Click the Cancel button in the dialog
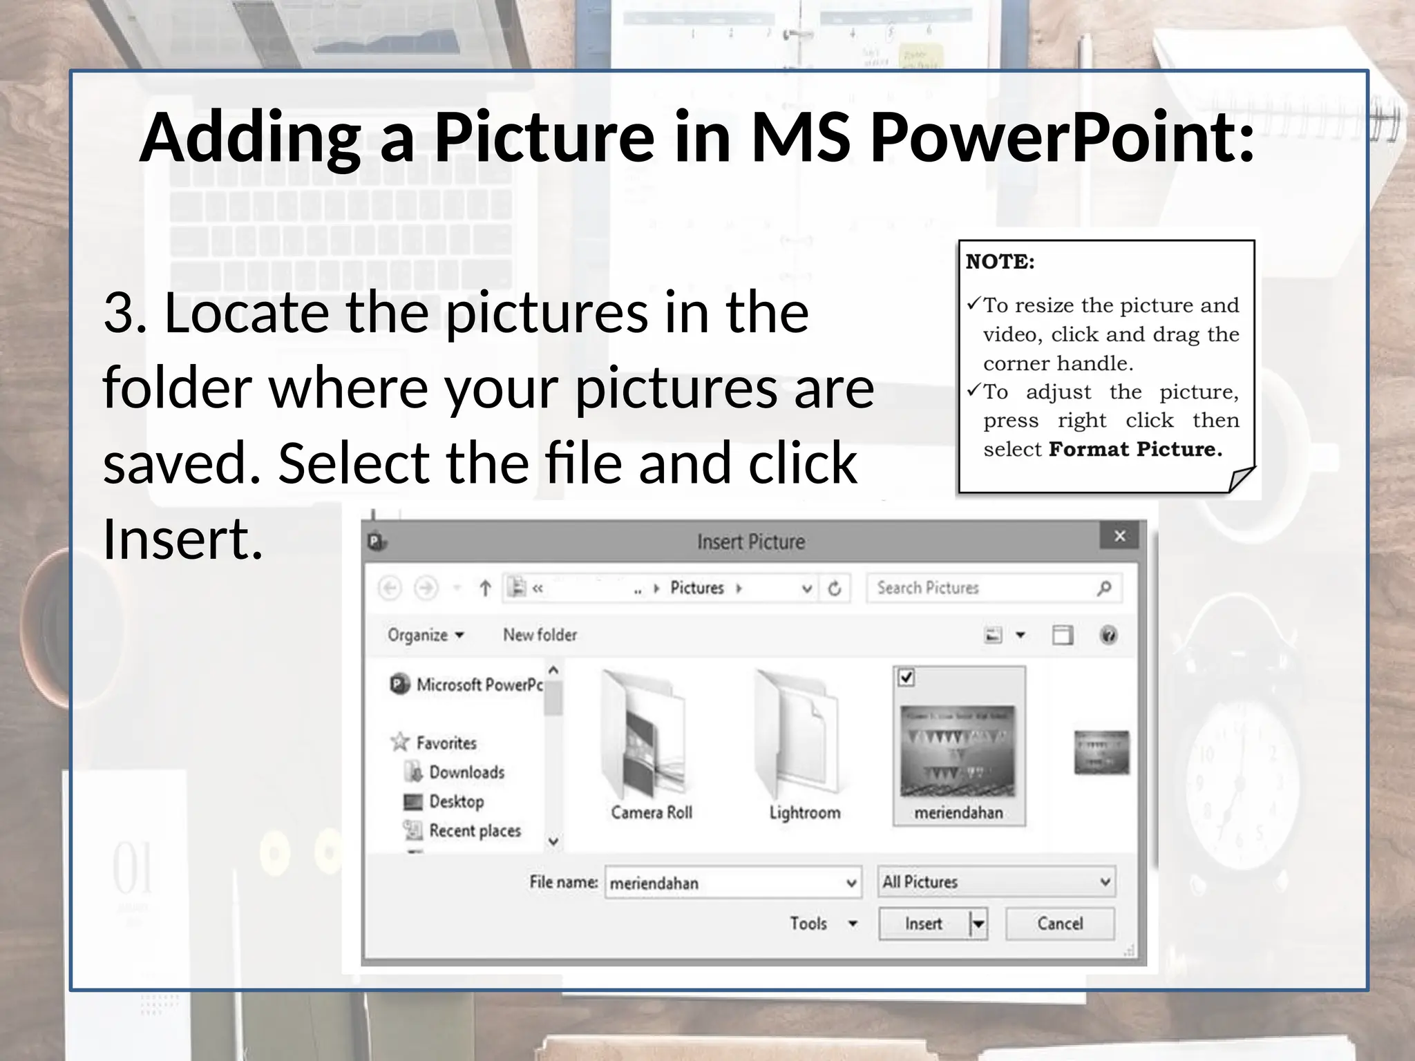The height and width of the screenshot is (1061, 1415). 1059,924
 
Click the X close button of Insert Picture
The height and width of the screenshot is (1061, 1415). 1120,536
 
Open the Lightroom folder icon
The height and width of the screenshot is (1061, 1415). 798,736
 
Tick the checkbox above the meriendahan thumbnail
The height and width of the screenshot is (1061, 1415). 906,678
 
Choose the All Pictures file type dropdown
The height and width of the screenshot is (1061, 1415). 996,882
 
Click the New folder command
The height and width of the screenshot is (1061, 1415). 540,635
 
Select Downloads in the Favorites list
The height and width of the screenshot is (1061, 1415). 466,772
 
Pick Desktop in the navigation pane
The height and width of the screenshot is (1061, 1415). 456,801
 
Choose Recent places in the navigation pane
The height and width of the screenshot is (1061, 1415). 475,830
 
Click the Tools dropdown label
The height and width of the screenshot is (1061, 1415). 808,924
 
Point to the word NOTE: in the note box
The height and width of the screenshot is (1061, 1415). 1000,262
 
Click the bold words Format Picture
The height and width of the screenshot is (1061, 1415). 1134,450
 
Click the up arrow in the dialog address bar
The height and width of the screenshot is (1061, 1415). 485,589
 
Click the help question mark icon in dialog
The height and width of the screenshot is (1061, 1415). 1108,635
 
